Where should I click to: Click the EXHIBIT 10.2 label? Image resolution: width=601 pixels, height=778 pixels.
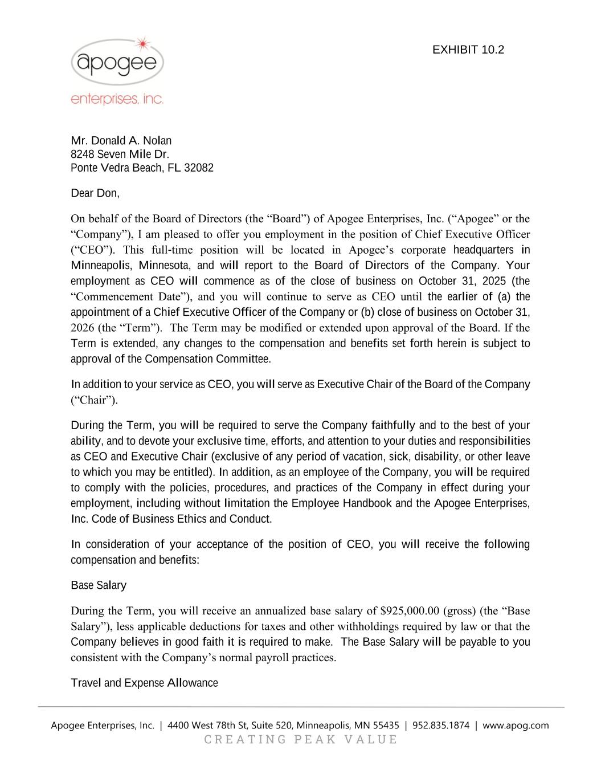click(468, 50)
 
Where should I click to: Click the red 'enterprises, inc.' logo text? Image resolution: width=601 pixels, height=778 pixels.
click(117, 99)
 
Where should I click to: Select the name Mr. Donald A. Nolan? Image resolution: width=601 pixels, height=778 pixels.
click(121, 141)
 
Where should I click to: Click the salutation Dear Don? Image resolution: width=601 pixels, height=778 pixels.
click(95, 193)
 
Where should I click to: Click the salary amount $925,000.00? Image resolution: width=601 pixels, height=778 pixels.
click(410, 611)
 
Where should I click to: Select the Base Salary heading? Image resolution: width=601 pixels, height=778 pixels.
click(99, 585)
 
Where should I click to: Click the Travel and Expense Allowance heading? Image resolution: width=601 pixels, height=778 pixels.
click(144, 683)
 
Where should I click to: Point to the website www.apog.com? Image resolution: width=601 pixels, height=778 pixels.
click(516, 726)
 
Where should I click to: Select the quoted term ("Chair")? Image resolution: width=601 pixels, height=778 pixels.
click(94, 400)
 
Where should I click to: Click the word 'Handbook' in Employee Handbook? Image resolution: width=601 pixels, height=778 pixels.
click(367, 503)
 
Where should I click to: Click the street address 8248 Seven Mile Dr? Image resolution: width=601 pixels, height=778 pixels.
click(120, 154)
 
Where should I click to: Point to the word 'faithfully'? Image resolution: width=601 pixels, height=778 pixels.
click(393, 426)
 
